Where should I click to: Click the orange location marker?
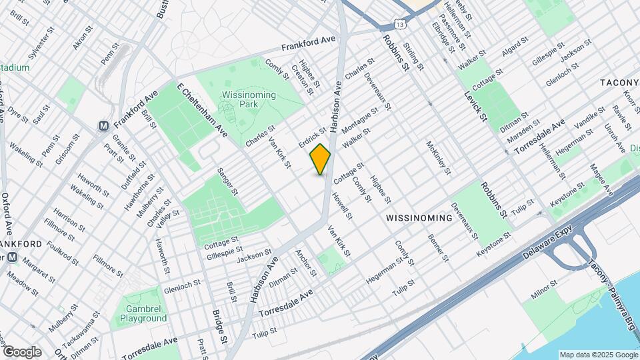pyautogui.click(x=321, y=159)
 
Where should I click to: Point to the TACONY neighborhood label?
pyautogui.click(x=619, y=82)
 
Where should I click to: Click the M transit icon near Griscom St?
pyautogui.click(x=103, y=125)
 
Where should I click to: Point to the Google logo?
pyautogui.click(x=22, y=351)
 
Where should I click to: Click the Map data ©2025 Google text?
pyautogui.click(x=597, y=355)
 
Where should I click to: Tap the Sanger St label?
pyautogui.click(x=227, y=182)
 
